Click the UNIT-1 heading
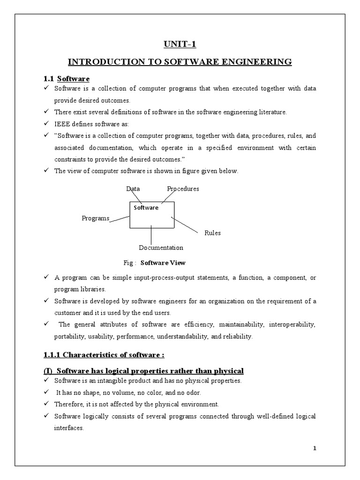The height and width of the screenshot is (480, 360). [x=180, y=44]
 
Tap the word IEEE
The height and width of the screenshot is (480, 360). [x=62, y=123]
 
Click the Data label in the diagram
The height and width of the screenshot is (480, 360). [x=133, y=188]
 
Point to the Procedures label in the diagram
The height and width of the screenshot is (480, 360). [x=183, y=188]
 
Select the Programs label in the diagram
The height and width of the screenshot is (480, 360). [x=95, y=218]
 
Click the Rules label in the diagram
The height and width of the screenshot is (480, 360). [x=212, y=232]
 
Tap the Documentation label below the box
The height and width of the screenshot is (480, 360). [x=161, y=247]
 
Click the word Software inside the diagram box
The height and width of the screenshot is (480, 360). [x=146, y=207]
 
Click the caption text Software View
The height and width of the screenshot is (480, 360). [x=166, y=262]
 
